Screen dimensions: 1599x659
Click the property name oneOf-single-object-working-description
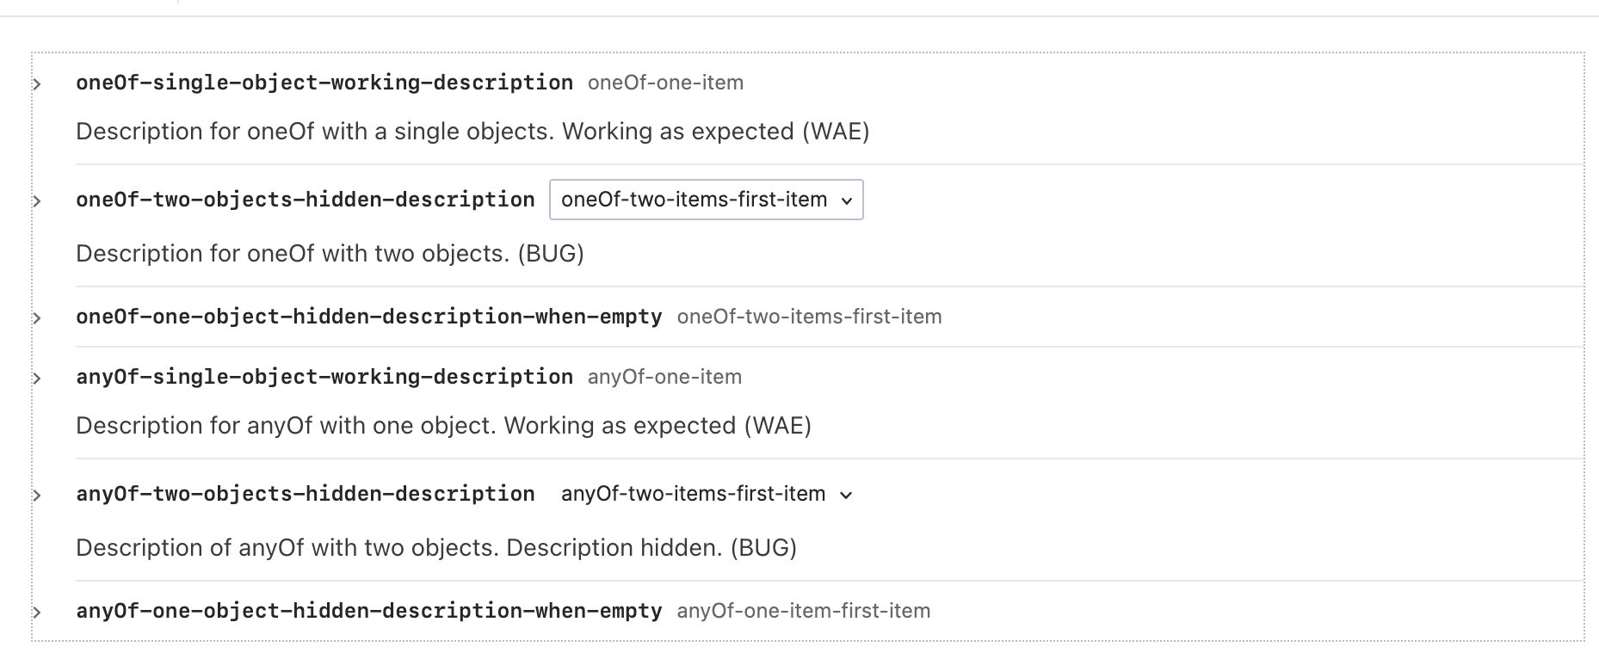(x=324, y=83)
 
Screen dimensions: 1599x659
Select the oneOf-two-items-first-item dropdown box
(x=706, y=200)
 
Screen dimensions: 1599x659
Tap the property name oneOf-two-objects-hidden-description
(x=305, y=200)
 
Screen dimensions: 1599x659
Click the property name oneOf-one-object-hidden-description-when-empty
(x=368, y=317)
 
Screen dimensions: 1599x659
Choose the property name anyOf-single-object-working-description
(x=324, y=377)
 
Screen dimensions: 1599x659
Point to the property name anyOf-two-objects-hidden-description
(x=305, y=494)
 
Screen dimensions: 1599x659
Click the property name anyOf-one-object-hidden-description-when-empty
(x=368, y=611)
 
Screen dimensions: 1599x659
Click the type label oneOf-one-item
(x=665, y=83)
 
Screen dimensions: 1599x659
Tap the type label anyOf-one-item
(x=664, y=377)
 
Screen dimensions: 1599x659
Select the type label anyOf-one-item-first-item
(x=803, y=611)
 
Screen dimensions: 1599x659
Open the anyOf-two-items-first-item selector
(x=706, y=494)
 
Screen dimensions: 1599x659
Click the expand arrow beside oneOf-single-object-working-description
(x=37, y=84)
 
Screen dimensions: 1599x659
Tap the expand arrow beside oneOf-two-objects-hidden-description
(x=37, y=201)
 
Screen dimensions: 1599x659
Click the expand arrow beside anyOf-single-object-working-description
(x=37, y=379)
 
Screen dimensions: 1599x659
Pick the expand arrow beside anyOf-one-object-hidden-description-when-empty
(x=37, y=613)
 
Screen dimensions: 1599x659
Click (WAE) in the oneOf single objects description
(x=836, y=132)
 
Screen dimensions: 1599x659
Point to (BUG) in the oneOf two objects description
(x=551, y=254)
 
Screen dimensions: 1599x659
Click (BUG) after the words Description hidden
(x=762, y=548)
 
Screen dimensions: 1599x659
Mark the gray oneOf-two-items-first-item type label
(x=809, y=317)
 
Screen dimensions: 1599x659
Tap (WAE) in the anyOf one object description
(x=777, y=426)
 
